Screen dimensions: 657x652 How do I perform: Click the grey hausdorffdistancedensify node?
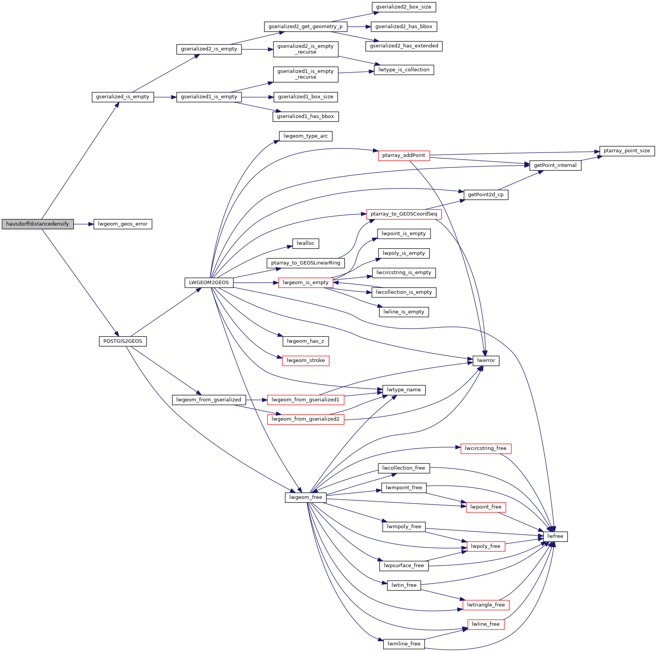[x=37, y=224]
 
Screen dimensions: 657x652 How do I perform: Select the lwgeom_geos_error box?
[x=123, y=224]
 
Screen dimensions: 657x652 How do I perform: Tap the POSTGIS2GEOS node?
[x=123, y=341]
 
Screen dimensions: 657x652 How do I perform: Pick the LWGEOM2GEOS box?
[x=209, y=283]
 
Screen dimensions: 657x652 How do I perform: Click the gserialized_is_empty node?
[x=123, y=97]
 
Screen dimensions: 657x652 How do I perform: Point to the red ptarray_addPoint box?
[x=404, y=155]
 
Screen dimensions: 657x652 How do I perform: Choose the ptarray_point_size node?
[x=627, y=151]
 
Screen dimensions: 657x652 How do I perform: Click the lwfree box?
[x=555, y=536]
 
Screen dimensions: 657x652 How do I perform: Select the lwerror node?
[x=486, y=361]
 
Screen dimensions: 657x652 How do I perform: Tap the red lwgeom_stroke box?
[x=306, y=361]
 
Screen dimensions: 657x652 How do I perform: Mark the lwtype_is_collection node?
[x=404, y=70]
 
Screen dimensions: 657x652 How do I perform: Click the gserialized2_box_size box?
[x=404, y=7]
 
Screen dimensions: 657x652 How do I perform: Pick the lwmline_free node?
[x=404, y=644]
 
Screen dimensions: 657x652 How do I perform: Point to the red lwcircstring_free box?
[x=486, y=448]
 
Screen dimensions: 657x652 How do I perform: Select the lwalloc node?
[x=306, y=243]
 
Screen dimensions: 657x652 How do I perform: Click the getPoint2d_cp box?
[x=486, y=195]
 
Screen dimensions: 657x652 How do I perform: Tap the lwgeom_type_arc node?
[x=306, y=136]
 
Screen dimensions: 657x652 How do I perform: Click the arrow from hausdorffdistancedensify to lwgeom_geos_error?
[x=84, y=224]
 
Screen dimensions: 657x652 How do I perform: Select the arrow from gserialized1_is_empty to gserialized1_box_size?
[x=257, y=97]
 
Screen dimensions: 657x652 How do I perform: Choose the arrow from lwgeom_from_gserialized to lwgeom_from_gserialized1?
[x=256, y=400]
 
